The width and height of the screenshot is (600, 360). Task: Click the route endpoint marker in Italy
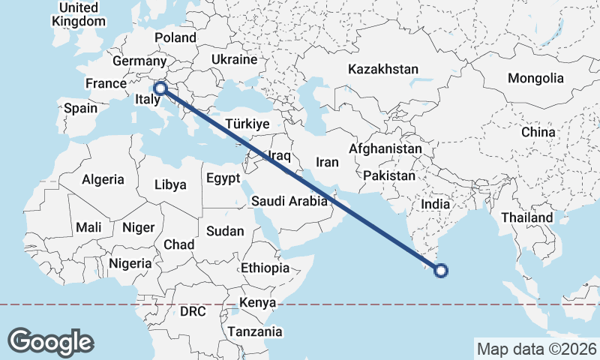pyautogui.click(x=160, y=88)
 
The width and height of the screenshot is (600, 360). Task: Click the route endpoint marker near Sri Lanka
pyautogui.click(x=441, y=271)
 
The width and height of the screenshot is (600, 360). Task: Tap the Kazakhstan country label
pyautogui.click(x=382, y=69)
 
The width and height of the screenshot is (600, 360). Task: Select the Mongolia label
pyautogui.click(x=535, y=78)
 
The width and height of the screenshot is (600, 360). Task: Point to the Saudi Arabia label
pyautogui.click(x=289, y=201)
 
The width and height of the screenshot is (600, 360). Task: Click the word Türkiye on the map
pyautogui.click(x=248, y=124)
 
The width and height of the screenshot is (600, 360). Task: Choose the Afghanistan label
pyautogui.click(x=385, y=148)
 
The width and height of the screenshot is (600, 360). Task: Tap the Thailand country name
pyautogui.click(x=527, y=217)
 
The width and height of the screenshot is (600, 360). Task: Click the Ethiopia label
pyautogui.click(x=265, y=268)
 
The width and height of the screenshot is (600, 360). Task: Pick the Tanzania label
pyautogui.click(x=255, y=331)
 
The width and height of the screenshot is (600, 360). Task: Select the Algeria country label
pyautogui.click(x=102, y=179)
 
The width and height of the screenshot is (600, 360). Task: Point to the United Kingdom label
pyautogui.click(x=79, y=14)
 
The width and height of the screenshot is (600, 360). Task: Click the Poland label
pyautogui.click(x=175, y=37)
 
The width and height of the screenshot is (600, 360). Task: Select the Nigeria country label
pyautogui.click(x=130, y=263)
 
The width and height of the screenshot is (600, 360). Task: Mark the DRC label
pyautogui.click(x=192, y=310)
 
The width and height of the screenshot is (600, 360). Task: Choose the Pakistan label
pyautogui.click(x=389, y=176)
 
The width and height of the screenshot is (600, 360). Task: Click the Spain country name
pyautogui.click(x=80, y=108)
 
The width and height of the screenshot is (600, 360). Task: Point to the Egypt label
pyautogui.click(x=223, y=178)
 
